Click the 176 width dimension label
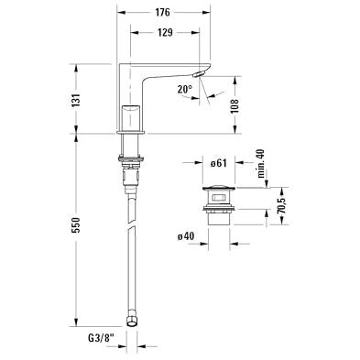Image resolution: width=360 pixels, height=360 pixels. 162,12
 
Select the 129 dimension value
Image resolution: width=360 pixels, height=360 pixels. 165,32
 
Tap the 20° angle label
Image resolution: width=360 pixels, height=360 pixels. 185,89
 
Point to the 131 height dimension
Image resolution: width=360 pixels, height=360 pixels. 76,100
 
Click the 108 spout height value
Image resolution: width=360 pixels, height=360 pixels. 235,106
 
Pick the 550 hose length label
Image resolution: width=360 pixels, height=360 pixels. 76,225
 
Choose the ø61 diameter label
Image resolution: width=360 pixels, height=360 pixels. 219,163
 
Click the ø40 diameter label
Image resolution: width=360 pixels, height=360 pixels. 186,236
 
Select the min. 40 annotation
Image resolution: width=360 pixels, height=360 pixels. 262,163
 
